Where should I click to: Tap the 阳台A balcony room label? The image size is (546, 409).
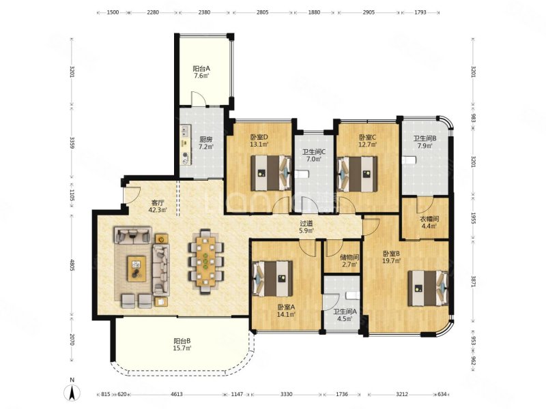click(201, 72)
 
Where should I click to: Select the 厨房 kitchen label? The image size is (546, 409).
click(205, 143)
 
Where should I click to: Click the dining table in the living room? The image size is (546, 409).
click(205, 261)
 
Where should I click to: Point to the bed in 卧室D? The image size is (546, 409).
click(271, 173)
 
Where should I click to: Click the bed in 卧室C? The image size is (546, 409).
click(358, 174)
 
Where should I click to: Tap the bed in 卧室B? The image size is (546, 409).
click(429, 288)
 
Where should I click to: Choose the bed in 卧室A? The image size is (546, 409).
click(272, 278)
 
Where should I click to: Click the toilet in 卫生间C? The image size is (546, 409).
click(301, 175)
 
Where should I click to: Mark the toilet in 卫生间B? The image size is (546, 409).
click(409, 160)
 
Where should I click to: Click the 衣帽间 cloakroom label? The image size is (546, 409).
click(429, 222)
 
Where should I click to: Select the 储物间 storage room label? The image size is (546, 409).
click(349, 261)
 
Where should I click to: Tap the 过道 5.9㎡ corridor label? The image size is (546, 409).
click(306, 227)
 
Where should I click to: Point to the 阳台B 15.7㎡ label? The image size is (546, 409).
click(182, 344)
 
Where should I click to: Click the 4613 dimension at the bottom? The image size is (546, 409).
click(177, 394)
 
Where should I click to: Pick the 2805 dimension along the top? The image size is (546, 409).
click(263, 12)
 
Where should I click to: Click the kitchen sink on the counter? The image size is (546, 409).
click(184, 132)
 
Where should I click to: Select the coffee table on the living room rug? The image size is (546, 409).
click(136, 269)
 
